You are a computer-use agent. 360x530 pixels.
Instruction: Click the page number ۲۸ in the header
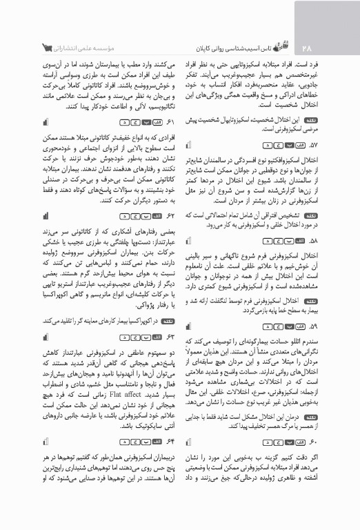coord(308,48)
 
